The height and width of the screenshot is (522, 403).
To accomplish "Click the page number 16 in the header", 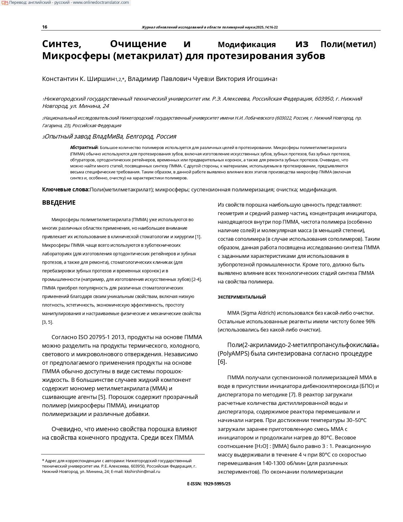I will pos(45,27).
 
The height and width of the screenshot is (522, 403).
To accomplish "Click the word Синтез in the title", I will pos(62,44).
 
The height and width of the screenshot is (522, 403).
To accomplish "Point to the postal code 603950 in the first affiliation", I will pos(324,99).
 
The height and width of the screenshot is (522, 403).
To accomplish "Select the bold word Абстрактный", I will pos(84,147).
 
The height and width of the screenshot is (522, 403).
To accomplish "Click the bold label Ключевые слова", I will pos(66,190).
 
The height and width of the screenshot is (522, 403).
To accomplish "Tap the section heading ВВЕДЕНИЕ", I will pos(59,202).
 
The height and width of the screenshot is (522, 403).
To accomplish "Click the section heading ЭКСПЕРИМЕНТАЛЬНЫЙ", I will pos(242,297).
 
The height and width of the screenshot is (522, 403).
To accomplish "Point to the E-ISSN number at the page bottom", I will pos(209,484).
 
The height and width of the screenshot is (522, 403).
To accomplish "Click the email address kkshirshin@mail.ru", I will pos(142,471).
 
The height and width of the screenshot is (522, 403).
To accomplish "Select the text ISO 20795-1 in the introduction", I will pos(95,337).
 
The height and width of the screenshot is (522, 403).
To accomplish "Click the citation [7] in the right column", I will pos(292,395).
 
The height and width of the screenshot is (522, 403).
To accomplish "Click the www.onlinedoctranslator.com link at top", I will pos(101,3).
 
